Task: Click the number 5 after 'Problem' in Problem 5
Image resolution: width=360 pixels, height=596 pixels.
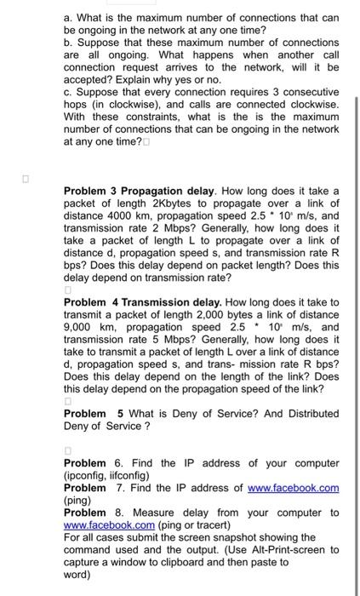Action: point(121,414)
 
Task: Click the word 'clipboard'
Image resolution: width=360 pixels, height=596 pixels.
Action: point(191,562)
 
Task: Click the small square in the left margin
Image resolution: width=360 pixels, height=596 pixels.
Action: point(26,181)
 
